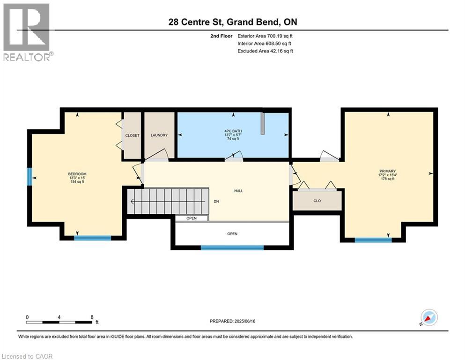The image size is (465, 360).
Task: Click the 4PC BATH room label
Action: point(233,131)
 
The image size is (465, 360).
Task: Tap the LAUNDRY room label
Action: point(159,135)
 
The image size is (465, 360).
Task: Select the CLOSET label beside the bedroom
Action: point(132,135)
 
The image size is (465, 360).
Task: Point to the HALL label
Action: point(239,191)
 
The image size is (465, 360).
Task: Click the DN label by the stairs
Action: point(216,201)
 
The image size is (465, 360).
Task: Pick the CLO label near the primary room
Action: point(317,201)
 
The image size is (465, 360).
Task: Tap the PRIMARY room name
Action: point(388,171)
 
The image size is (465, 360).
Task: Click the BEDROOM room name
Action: point(77,174)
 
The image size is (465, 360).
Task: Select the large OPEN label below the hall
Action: point(232,234)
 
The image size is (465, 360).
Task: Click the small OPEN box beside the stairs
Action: point(192,218)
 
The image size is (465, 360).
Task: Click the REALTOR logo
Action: point(27,32)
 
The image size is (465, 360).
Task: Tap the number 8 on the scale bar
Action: point(92,317)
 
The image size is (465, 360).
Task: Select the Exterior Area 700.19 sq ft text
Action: point(265,36)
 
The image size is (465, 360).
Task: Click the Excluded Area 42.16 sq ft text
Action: point(265,51)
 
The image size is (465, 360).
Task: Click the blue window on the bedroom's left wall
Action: point(30,177)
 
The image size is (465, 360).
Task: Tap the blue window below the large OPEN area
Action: point(232,247)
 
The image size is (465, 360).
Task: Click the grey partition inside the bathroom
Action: point(262,123)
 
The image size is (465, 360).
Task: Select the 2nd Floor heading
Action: point(221,36)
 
